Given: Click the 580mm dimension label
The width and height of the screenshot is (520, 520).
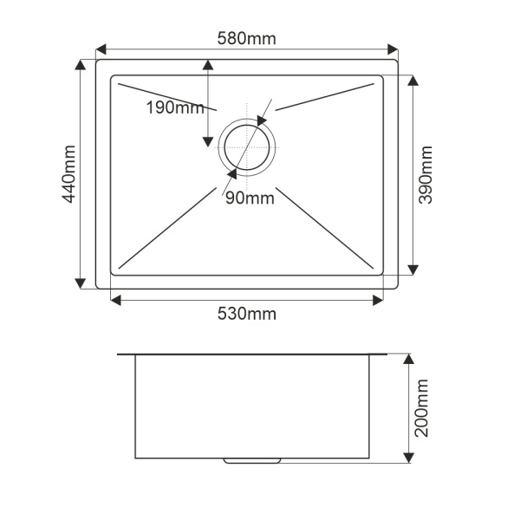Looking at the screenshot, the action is coord(246,38).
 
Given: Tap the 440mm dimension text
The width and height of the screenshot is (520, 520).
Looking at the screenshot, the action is coord(69,174).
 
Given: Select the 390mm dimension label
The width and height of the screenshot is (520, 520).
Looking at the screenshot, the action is coord(426,175).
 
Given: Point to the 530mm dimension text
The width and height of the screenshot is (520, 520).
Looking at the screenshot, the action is coord(247,314).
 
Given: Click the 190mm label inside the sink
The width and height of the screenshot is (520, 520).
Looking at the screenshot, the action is coord(175,107).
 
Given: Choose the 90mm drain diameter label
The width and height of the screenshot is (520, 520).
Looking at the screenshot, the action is coord(250,198).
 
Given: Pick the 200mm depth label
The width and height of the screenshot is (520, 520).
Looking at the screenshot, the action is coord(422,408).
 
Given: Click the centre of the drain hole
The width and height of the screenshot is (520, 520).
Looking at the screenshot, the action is coord(247,147).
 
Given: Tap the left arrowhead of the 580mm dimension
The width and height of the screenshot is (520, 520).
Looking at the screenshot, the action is coord(101,49).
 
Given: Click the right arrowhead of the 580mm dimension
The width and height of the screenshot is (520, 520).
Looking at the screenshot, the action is coord(393,49).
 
